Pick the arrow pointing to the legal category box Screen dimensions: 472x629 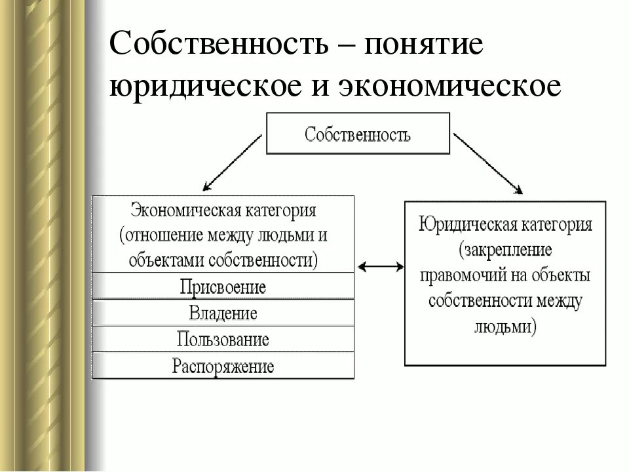coord(487,164)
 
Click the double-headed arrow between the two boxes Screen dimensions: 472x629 coord(381,266)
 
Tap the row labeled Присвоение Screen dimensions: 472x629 coord(223,286)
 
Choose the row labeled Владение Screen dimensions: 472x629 coord(223,313)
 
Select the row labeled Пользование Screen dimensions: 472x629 coord(223,340)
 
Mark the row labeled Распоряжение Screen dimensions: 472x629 coord(223,365)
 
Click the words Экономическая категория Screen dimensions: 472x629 coord(223,212)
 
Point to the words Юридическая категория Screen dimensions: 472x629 coord(505,226)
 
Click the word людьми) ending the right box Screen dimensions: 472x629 coord(505,326)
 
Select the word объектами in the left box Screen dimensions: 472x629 coord(166,260)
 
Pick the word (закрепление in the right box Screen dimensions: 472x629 coord(505,250)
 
